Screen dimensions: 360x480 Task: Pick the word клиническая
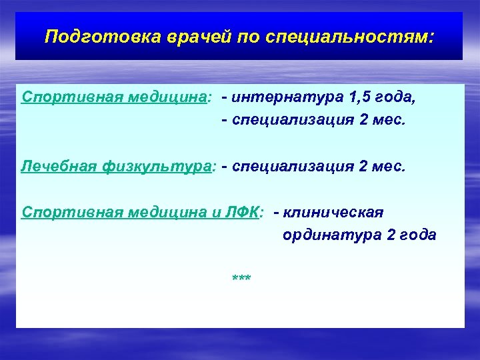click(x=333, y=212)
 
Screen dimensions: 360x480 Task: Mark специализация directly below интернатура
click(x=291, y=120)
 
